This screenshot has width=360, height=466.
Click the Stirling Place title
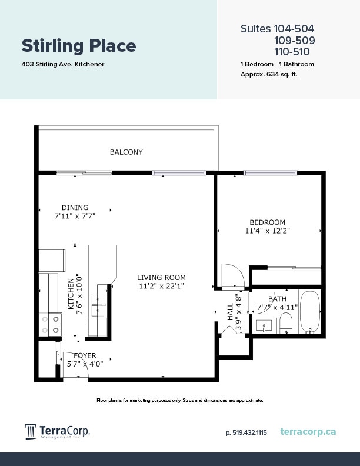[x=79, y=46]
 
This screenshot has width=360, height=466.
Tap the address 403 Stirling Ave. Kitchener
[x=63, y=64]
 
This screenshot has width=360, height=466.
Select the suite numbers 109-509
[x=294, y=41]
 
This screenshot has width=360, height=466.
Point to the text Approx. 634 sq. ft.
[x=269, y=74]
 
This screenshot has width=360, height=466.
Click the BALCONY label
[x=126, y=152]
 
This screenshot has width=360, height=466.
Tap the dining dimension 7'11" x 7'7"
[x=75, y=216]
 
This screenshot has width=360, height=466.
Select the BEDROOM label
[x=267, y=222]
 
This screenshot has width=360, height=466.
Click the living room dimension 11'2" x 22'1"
[x=161, y=287]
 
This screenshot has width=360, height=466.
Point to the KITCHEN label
[x=71, y=294]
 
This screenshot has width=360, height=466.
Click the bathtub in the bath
[x=310, y=312]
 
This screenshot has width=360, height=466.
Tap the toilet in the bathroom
[x=286, y=322]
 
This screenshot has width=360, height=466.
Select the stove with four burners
[x=50, y=324]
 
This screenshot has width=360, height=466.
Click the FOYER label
[x=85, y=355]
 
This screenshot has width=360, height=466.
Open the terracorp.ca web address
[x=308, y=432]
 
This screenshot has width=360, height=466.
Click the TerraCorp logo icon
[x=31, y=432]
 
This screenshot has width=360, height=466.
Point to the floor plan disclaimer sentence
[x=179, y=400]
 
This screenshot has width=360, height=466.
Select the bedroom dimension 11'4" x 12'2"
[x=267, y=231]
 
